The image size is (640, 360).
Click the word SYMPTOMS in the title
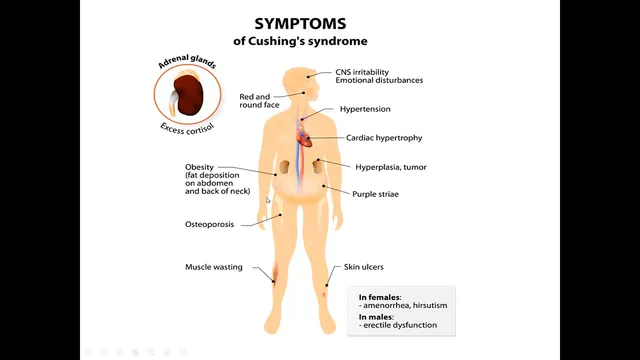(x=300, y=24)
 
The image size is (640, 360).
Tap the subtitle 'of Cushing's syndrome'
(x=300, y=41)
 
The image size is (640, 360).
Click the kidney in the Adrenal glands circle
(x=189, y=95)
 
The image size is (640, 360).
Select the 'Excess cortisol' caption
(x=187, y=129)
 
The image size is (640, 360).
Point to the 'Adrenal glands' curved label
(x=187, y=61)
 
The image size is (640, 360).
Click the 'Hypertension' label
(x=365, y=109)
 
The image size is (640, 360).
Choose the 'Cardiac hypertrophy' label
(x=384, y=138)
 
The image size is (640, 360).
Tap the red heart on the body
(x=304, y=137)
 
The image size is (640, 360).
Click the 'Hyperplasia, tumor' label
(x=391, y=167)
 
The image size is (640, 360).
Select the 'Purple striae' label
(x=375, y=194)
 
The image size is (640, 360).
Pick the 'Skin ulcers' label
(x=363, y=267)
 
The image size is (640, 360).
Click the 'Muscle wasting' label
(x=213, y=267)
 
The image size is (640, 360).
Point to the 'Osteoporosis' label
(x=209, y=224)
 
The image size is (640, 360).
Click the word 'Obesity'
(x=199, y=167)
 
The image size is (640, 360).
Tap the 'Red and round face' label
(x=259, y=101)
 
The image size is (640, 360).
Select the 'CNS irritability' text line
(x=362, y=72)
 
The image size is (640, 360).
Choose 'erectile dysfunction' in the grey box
(x=398, y=325)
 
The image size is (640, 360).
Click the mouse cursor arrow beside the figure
(x=268, y=200)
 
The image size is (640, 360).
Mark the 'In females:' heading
(x=380, y=297)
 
